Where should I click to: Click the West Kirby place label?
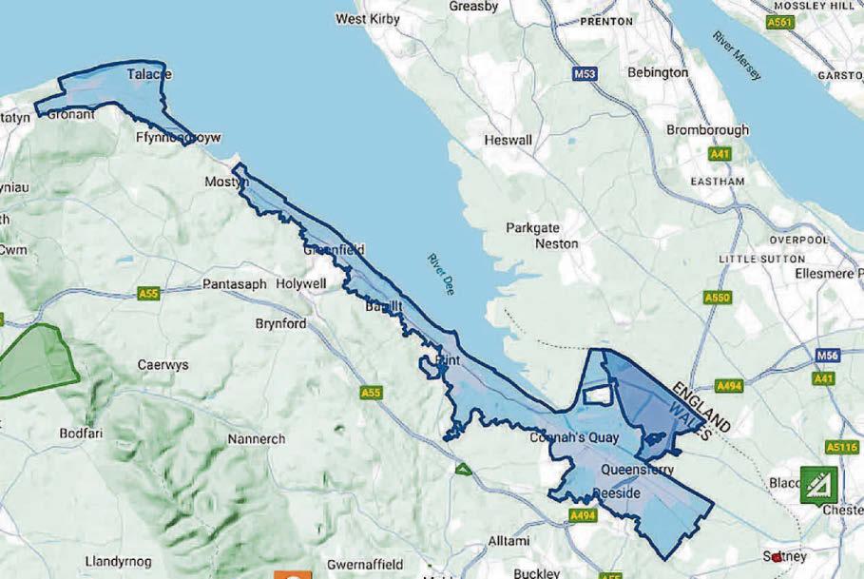(368, 18)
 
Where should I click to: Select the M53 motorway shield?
(586, 73)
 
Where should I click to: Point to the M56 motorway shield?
(827, 356)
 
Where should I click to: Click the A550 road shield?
(718, 298)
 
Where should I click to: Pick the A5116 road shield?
(841, 447)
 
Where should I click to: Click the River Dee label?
(441, 274)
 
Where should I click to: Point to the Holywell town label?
(300, 283)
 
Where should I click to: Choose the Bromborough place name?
(707, 129)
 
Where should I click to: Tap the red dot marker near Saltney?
(778, 557)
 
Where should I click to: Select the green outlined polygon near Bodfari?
(38, 362)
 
